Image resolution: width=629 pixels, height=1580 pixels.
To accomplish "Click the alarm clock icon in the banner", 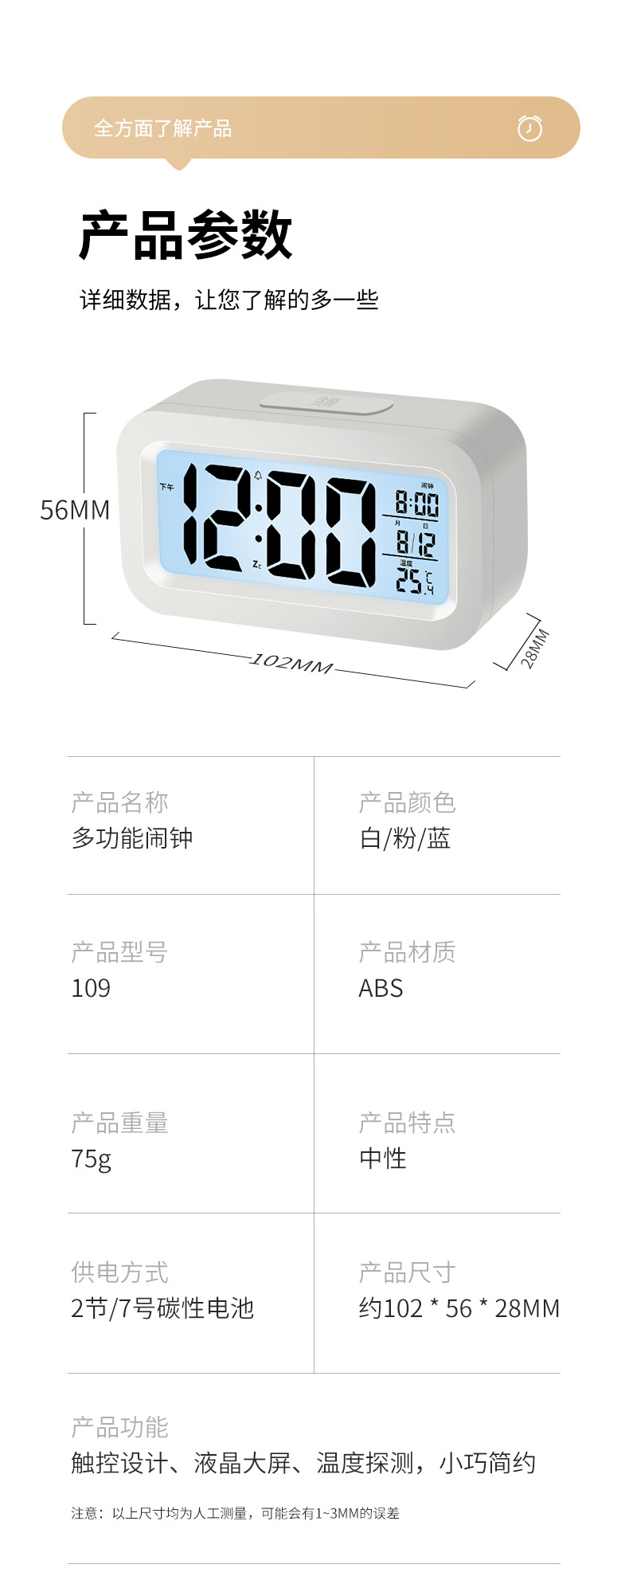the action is click(529, 127).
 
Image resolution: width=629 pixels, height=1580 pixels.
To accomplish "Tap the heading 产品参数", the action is click(186, 235).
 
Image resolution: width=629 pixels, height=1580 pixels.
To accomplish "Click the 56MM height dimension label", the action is click(75, 510).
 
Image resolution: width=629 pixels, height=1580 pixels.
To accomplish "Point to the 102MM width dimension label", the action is click(291, 663).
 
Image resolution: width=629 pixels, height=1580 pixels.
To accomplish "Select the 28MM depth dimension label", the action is click(534, 648).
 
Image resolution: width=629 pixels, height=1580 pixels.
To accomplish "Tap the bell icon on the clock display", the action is click(257, 476).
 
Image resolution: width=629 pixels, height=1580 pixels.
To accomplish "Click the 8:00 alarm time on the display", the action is click(416, 504).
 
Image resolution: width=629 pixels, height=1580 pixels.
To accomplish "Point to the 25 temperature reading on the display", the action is click(411, 581).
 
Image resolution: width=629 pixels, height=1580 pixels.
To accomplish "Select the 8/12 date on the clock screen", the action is click(416, 543).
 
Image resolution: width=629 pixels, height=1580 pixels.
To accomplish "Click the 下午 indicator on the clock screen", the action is click(166, 487).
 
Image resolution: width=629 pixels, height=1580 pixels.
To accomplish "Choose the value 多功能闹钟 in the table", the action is click(132, 838).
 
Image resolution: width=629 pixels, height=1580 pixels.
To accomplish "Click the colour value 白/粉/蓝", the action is click(404, 838).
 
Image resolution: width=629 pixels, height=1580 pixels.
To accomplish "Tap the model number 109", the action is click(91, 988).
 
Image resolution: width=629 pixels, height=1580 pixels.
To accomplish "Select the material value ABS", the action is click(381, 988).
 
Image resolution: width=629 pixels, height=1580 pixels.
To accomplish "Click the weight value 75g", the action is click(91, 1159).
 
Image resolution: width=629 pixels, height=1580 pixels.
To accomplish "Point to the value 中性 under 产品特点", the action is click(383, 1158).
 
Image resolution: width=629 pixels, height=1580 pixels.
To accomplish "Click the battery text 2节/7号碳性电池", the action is click(162, 1308).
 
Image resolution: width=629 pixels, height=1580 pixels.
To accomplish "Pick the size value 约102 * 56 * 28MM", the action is click(459, 1308).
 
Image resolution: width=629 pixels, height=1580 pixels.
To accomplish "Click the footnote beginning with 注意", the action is click(235, 1512).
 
